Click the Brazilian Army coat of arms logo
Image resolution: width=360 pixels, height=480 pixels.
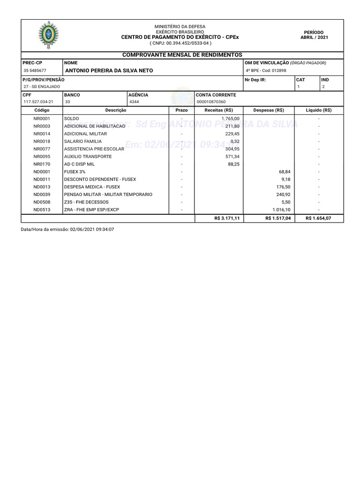[48, 35]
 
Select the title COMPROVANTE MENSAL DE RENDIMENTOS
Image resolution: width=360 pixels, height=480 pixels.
[182, 55]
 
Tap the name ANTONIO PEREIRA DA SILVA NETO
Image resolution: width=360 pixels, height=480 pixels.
[108, 71]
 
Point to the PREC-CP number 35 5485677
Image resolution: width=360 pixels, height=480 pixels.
[35, 71]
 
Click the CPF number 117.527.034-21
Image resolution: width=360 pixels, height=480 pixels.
[38, 102]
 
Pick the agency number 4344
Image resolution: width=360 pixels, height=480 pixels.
[134, 102]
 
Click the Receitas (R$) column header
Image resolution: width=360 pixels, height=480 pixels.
[219, 110]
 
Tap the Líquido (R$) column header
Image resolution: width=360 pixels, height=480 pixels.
[318, 110]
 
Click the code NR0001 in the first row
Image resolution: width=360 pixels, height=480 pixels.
[42, 119]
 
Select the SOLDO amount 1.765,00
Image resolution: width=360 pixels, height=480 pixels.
[230, 119]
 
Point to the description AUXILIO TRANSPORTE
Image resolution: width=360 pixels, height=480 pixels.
[88, 157]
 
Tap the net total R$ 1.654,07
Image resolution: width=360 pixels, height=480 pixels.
[318, 218]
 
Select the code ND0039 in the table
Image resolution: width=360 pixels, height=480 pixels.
[42, 194]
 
